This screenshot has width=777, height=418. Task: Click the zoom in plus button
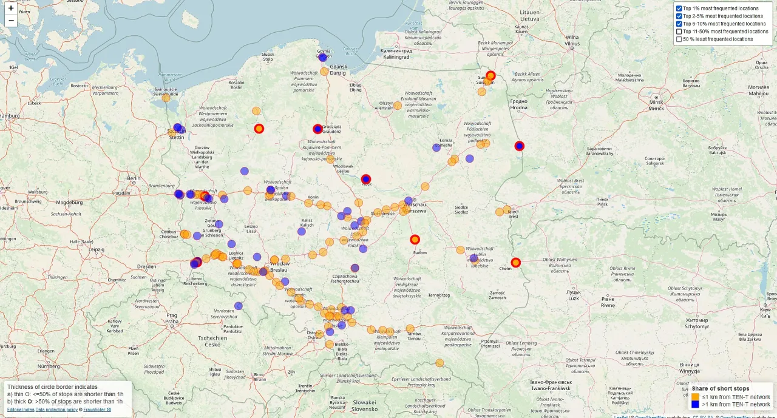[11, 8]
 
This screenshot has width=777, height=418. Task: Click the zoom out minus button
[11, 21]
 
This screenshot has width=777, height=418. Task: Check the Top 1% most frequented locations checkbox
[679, 8]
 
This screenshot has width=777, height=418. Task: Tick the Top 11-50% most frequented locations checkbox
[679, 32]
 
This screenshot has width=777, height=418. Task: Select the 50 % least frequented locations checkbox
[679, 39]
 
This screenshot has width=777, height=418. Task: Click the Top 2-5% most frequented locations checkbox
[679, 16]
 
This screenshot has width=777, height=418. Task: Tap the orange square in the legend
[696, 397]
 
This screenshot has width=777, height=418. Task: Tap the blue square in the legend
[696, 404]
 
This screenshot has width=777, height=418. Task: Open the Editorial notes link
[21, 410]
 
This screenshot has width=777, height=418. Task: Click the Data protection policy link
[56, 410]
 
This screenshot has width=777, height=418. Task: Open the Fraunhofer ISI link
[97, 410]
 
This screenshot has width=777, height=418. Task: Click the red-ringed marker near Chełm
[516, 263]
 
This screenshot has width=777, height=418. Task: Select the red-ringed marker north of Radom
[415, 240]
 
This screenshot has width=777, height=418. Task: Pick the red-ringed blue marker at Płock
[366, 179]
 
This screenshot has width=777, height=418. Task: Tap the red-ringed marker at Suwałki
[491, 76]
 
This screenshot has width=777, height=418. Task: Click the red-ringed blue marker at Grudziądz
[317, 129]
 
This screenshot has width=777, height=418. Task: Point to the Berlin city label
[134, 178]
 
